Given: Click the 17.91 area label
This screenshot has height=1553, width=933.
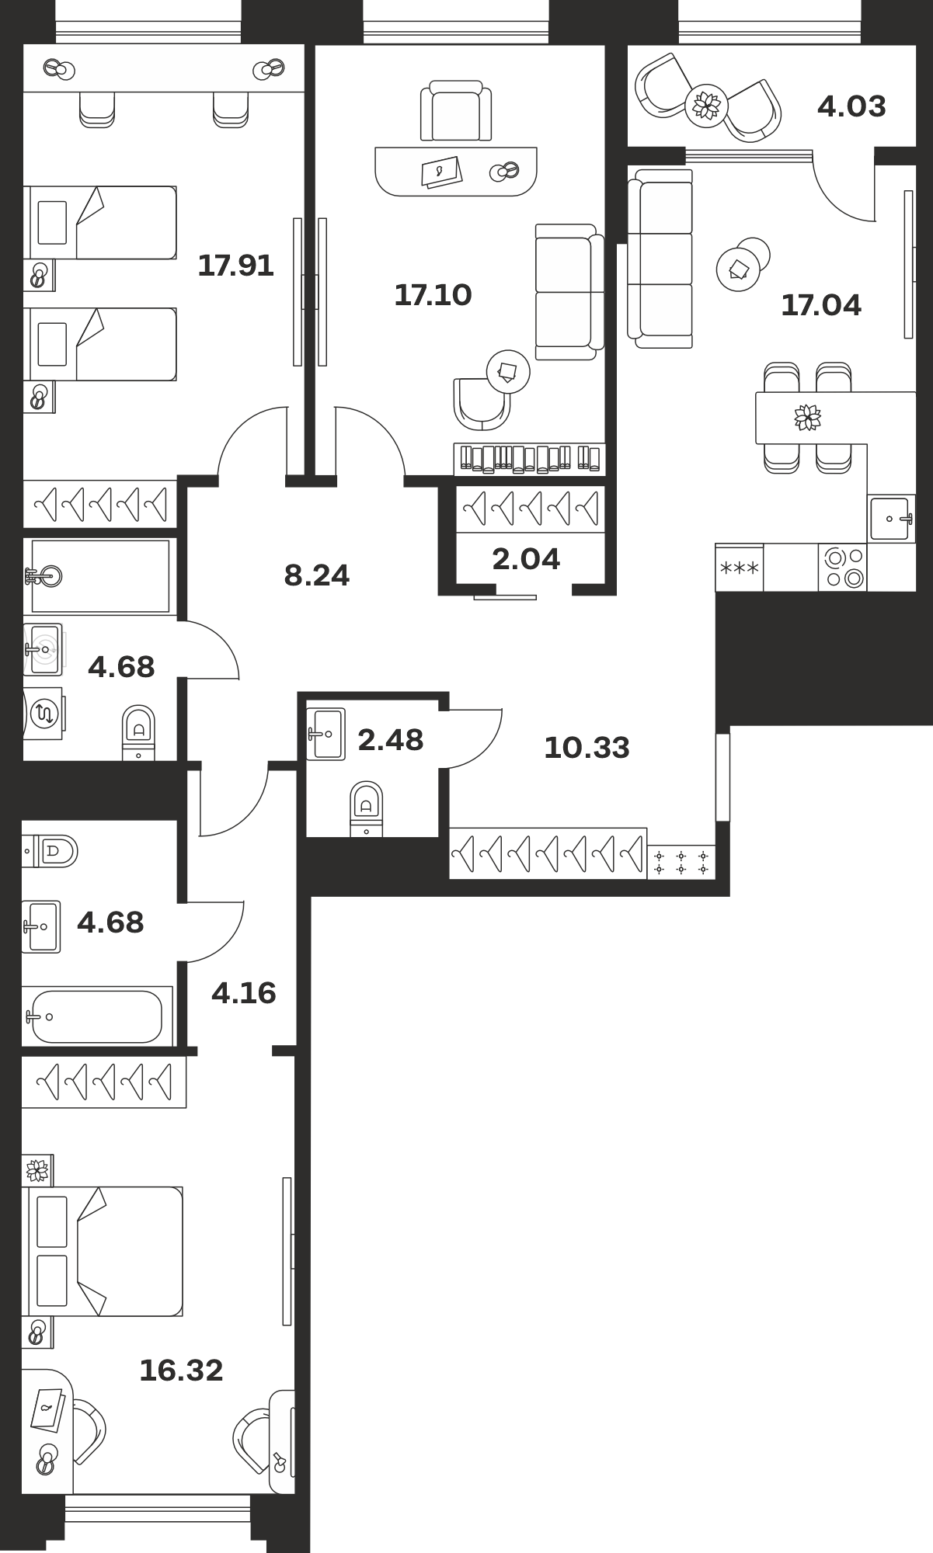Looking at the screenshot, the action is pyautogui.click(x=235, y=266).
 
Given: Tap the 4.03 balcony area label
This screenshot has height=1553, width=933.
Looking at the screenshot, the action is pyautogui.click(x=851, y=106).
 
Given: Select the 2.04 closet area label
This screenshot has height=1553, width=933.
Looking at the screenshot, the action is pyautogui.click(x=526, y=559).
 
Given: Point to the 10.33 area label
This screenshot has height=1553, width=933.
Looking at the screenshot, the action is pyautogui.click(x=587, y=748).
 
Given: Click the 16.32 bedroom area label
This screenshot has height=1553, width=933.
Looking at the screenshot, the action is pyautogui.click(x=181, y=1371).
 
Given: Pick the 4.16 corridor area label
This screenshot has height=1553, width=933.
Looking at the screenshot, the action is pyautogui.click(x=244, y=993).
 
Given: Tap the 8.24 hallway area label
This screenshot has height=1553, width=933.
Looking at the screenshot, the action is pyautogui.click(x=317, y=575).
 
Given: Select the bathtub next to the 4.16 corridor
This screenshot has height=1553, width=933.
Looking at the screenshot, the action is pyautogui.click(x=96, y=1016).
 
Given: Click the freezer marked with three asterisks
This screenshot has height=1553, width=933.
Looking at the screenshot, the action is pyautogui.click(x=740, y=568).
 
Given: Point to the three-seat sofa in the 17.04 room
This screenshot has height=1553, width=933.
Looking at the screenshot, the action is pyautogui.click(x=660, y=258).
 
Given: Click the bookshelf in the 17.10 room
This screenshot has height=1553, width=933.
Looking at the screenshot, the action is pyautogui.click(x=529, y=459).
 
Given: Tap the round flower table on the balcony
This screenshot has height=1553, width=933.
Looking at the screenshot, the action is pyautogui.click(x=707, y=103).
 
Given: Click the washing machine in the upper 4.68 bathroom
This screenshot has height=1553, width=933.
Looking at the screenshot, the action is pyautogui.click(x=44, y=713).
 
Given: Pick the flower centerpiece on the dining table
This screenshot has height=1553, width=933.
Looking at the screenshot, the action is pyautogui.click(x=808, y=417).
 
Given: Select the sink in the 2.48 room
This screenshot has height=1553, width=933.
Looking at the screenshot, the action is pyautogui.click(x=326, y=734).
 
